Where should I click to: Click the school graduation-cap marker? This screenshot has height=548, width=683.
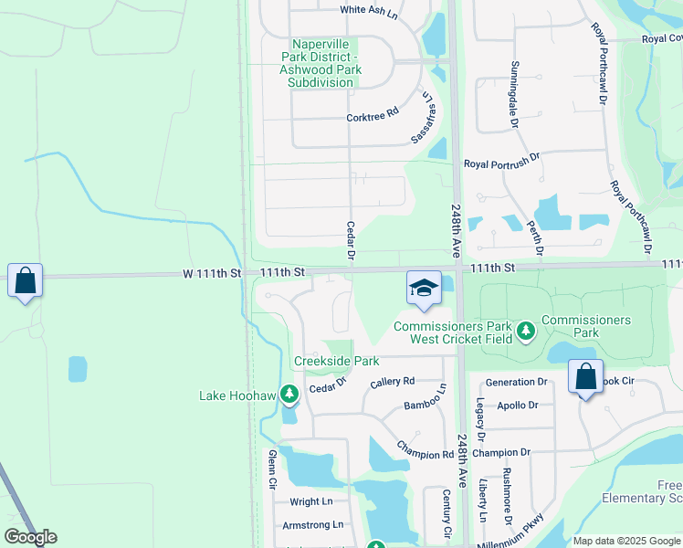tap(424, 289)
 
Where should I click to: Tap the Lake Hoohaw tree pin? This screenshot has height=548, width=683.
tap(289, 395)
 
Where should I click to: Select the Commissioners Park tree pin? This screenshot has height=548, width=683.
tap(525, 331)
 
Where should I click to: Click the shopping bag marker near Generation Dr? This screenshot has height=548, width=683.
tap(585, 377)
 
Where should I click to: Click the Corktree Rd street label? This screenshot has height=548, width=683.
tap(373, 115)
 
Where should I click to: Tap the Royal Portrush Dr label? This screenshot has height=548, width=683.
tap(501, 164)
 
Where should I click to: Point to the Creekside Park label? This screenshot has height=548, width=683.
tap(336, 361)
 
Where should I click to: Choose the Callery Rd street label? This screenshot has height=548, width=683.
tap(394, 381)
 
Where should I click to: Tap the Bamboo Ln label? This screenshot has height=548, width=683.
tap(426, 401)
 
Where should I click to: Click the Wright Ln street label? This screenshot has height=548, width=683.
tap(311, 501)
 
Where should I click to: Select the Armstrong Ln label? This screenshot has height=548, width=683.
tap(312, 524)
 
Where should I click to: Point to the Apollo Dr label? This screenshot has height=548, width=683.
tap(519, 404)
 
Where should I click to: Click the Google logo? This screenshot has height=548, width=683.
tap(30, 537)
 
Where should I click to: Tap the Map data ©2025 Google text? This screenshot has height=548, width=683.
tap(626, 541)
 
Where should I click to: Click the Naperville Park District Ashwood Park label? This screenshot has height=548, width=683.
tap(320, 63)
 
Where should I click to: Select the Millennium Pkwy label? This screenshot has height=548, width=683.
tap(522, 532)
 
